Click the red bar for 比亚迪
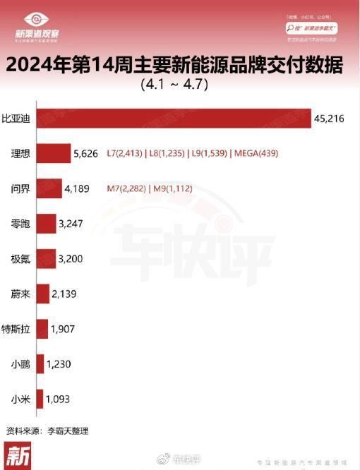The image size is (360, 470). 173,119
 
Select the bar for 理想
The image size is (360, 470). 53,153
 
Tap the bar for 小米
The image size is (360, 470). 40,399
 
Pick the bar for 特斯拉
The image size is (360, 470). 42,328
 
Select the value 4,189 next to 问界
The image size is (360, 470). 79,188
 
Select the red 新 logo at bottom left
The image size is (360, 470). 17,455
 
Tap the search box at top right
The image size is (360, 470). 316,27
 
